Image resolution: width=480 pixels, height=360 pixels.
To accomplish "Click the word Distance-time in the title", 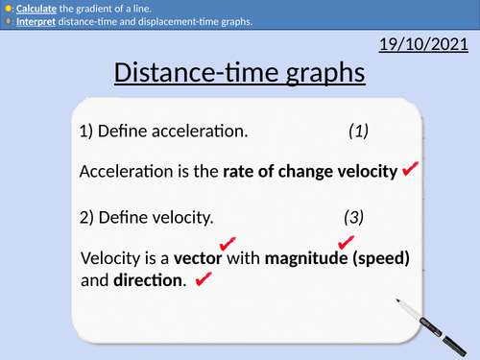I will click(x=181, y=73).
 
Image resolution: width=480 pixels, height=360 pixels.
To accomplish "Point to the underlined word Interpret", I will click(x=36, y=22).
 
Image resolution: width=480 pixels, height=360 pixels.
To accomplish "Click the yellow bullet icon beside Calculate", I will click(x=8, y=8).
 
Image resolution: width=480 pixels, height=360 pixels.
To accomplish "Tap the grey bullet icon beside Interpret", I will click(x=8, y=22).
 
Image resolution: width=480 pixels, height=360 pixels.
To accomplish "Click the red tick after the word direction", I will click(x=203, y=280).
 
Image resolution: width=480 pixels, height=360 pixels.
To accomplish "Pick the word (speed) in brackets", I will click(x=379, y=259).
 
